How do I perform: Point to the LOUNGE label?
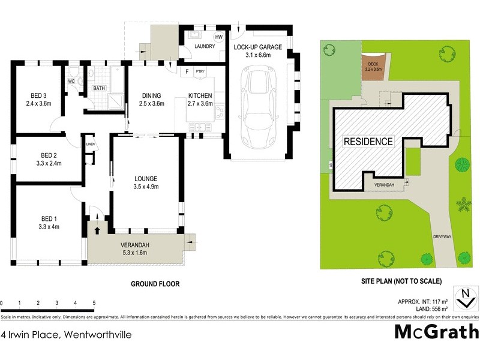[146, 178]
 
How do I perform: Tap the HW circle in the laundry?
[218, 36]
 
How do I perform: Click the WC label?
[71, 80]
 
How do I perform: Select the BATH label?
[98, 89]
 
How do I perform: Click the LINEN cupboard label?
[91, 145]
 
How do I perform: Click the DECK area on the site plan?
[373, 66]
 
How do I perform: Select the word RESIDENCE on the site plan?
[368, 142]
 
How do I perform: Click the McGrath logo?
[436, 331]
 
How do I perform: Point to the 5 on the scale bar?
[94, 302]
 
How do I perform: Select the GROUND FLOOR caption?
[155, 284]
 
